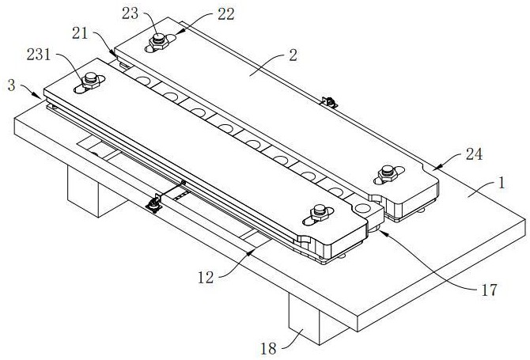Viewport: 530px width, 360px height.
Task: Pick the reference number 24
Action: coord(472,156)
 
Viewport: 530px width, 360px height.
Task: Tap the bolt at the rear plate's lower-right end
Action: coord(388,170)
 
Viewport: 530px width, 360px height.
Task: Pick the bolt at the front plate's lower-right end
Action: coord(320,211)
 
